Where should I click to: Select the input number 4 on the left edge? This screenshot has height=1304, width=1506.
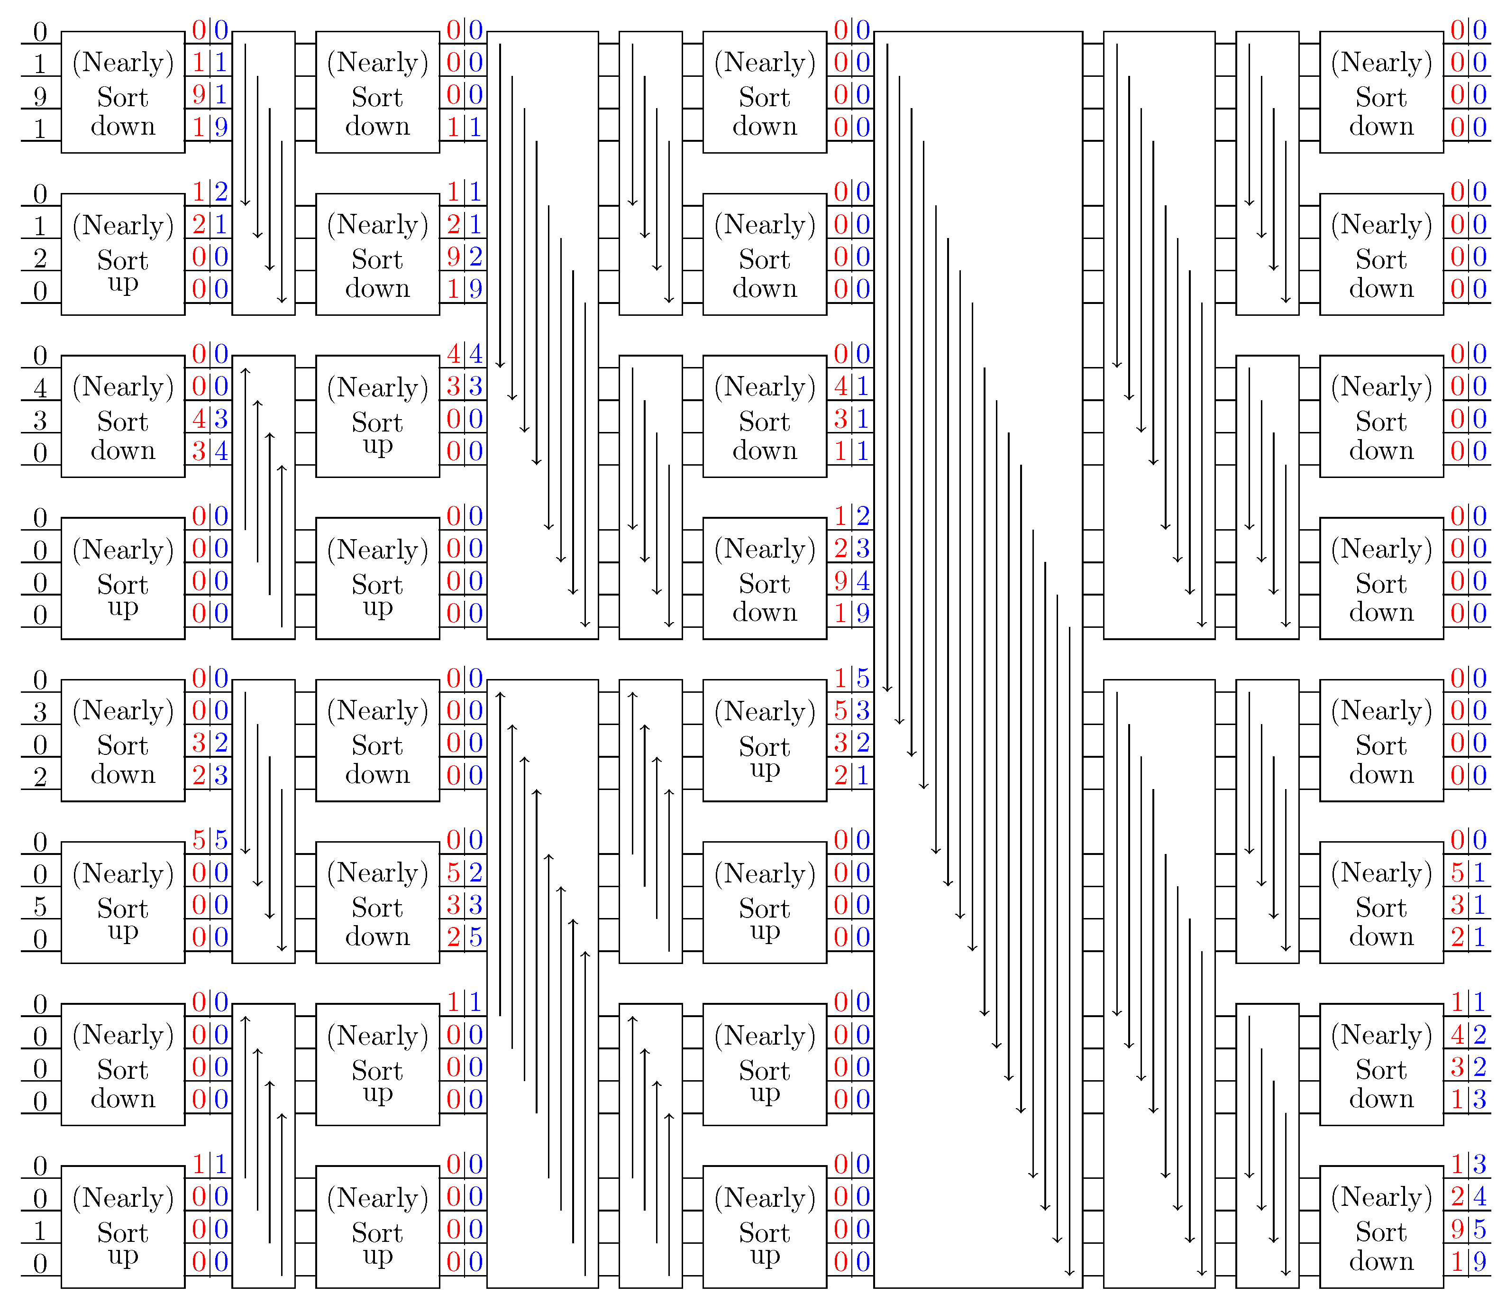(x=40, y=388)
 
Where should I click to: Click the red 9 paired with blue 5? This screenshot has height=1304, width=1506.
(x=1457, y=1229)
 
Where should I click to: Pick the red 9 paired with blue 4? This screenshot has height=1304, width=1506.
(x=840, y=581)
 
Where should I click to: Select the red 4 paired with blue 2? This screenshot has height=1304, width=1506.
(x=1457, y=1035)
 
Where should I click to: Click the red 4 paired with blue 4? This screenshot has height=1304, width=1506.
(x=453, y=354)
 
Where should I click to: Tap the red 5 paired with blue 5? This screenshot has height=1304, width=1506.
(x=199, y=840)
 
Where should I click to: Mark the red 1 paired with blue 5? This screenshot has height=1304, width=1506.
(x=840, y=678)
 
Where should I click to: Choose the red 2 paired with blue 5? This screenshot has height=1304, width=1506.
(x=453, y=937)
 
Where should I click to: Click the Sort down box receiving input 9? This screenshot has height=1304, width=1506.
(x=123, y=92)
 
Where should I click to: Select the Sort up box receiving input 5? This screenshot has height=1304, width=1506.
(x=123, y=902)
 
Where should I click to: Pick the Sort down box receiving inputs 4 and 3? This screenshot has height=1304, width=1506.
(x=123, y=416)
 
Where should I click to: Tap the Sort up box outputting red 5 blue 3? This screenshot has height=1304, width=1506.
(x=764, y=740)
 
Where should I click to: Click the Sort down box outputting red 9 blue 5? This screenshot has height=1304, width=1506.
(x=1381, y=1227)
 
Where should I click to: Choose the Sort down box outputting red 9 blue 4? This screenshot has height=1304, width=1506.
(x=764, y=579)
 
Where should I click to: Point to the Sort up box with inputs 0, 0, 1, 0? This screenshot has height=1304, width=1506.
(x=123, y=1227)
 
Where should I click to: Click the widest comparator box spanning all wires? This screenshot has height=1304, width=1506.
(x=978, y=659)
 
